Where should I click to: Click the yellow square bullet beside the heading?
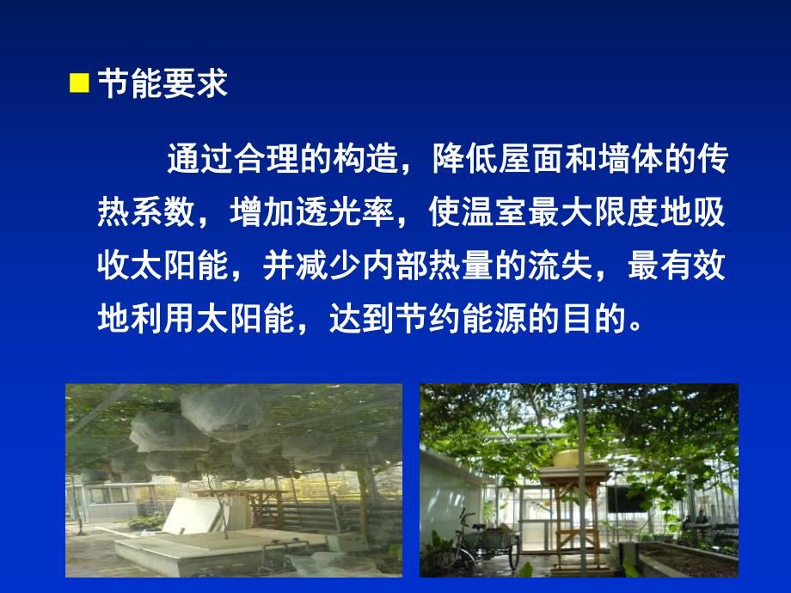[79, 83]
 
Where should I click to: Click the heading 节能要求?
[161, 84]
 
